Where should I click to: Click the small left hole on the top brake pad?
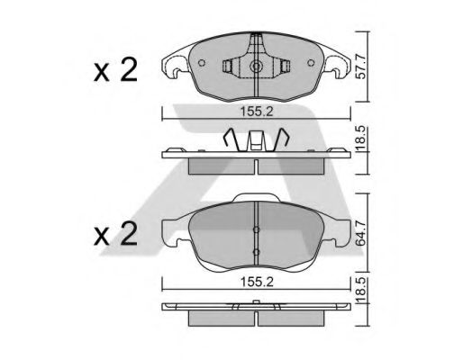click(x=203, y=64)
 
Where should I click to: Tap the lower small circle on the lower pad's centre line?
click(x=257, y=251)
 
